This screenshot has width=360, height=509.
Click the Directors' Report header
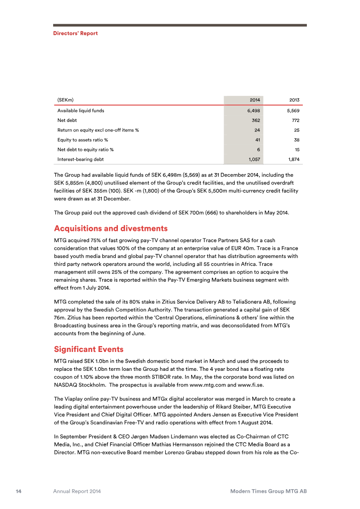[x=75, y=33]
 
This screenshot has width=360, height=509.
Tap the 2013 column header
[x=294, y=99]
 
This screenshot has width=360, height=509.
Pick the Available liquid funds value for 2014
[x=254, y=110]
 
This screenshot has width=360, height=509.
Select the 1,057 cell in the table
[x=254, y=159]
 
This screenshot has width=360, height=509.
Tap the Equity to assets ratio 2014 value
[x=257, y=140]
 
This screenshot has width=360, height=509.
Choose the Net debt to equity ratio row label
[x=85, y=149]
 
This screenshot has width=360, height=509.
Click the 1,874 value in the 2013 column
[x=293, y=159]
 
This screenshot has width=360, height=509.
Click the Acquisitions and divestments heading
[x=111, y=228]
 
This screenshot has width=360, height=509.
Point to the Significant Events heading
[x=89, y=349]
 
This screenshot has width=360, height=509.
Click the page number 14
[x=19, y=491]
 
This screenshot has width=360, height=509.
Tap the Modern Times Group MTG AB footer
[x=268, y=491]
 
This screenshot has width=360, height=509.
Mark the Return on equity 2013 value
[x=296, y=130]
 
